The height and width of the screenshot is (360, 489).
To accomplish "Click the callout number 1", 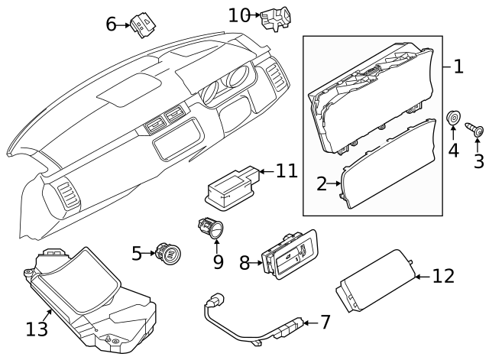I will coord(458,66).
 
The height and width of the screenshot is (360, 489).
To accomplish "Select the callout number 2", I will coord(322,183).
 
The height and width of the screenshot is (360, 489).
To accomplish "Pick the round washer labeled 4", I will coord(453,119).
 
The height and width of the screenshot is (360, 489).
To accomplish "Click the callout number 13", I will coord(36,329).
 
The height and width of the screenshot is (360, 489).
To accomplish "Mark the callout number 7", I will coord(325,322).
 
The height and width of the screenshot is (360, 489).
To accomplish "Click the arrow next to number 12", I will coord(420,276).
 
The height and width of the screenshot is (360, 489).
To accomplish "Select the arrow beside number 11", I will coord(261,170).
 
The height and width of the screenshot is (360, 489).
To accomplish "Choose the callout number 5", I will coord(137,252).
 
